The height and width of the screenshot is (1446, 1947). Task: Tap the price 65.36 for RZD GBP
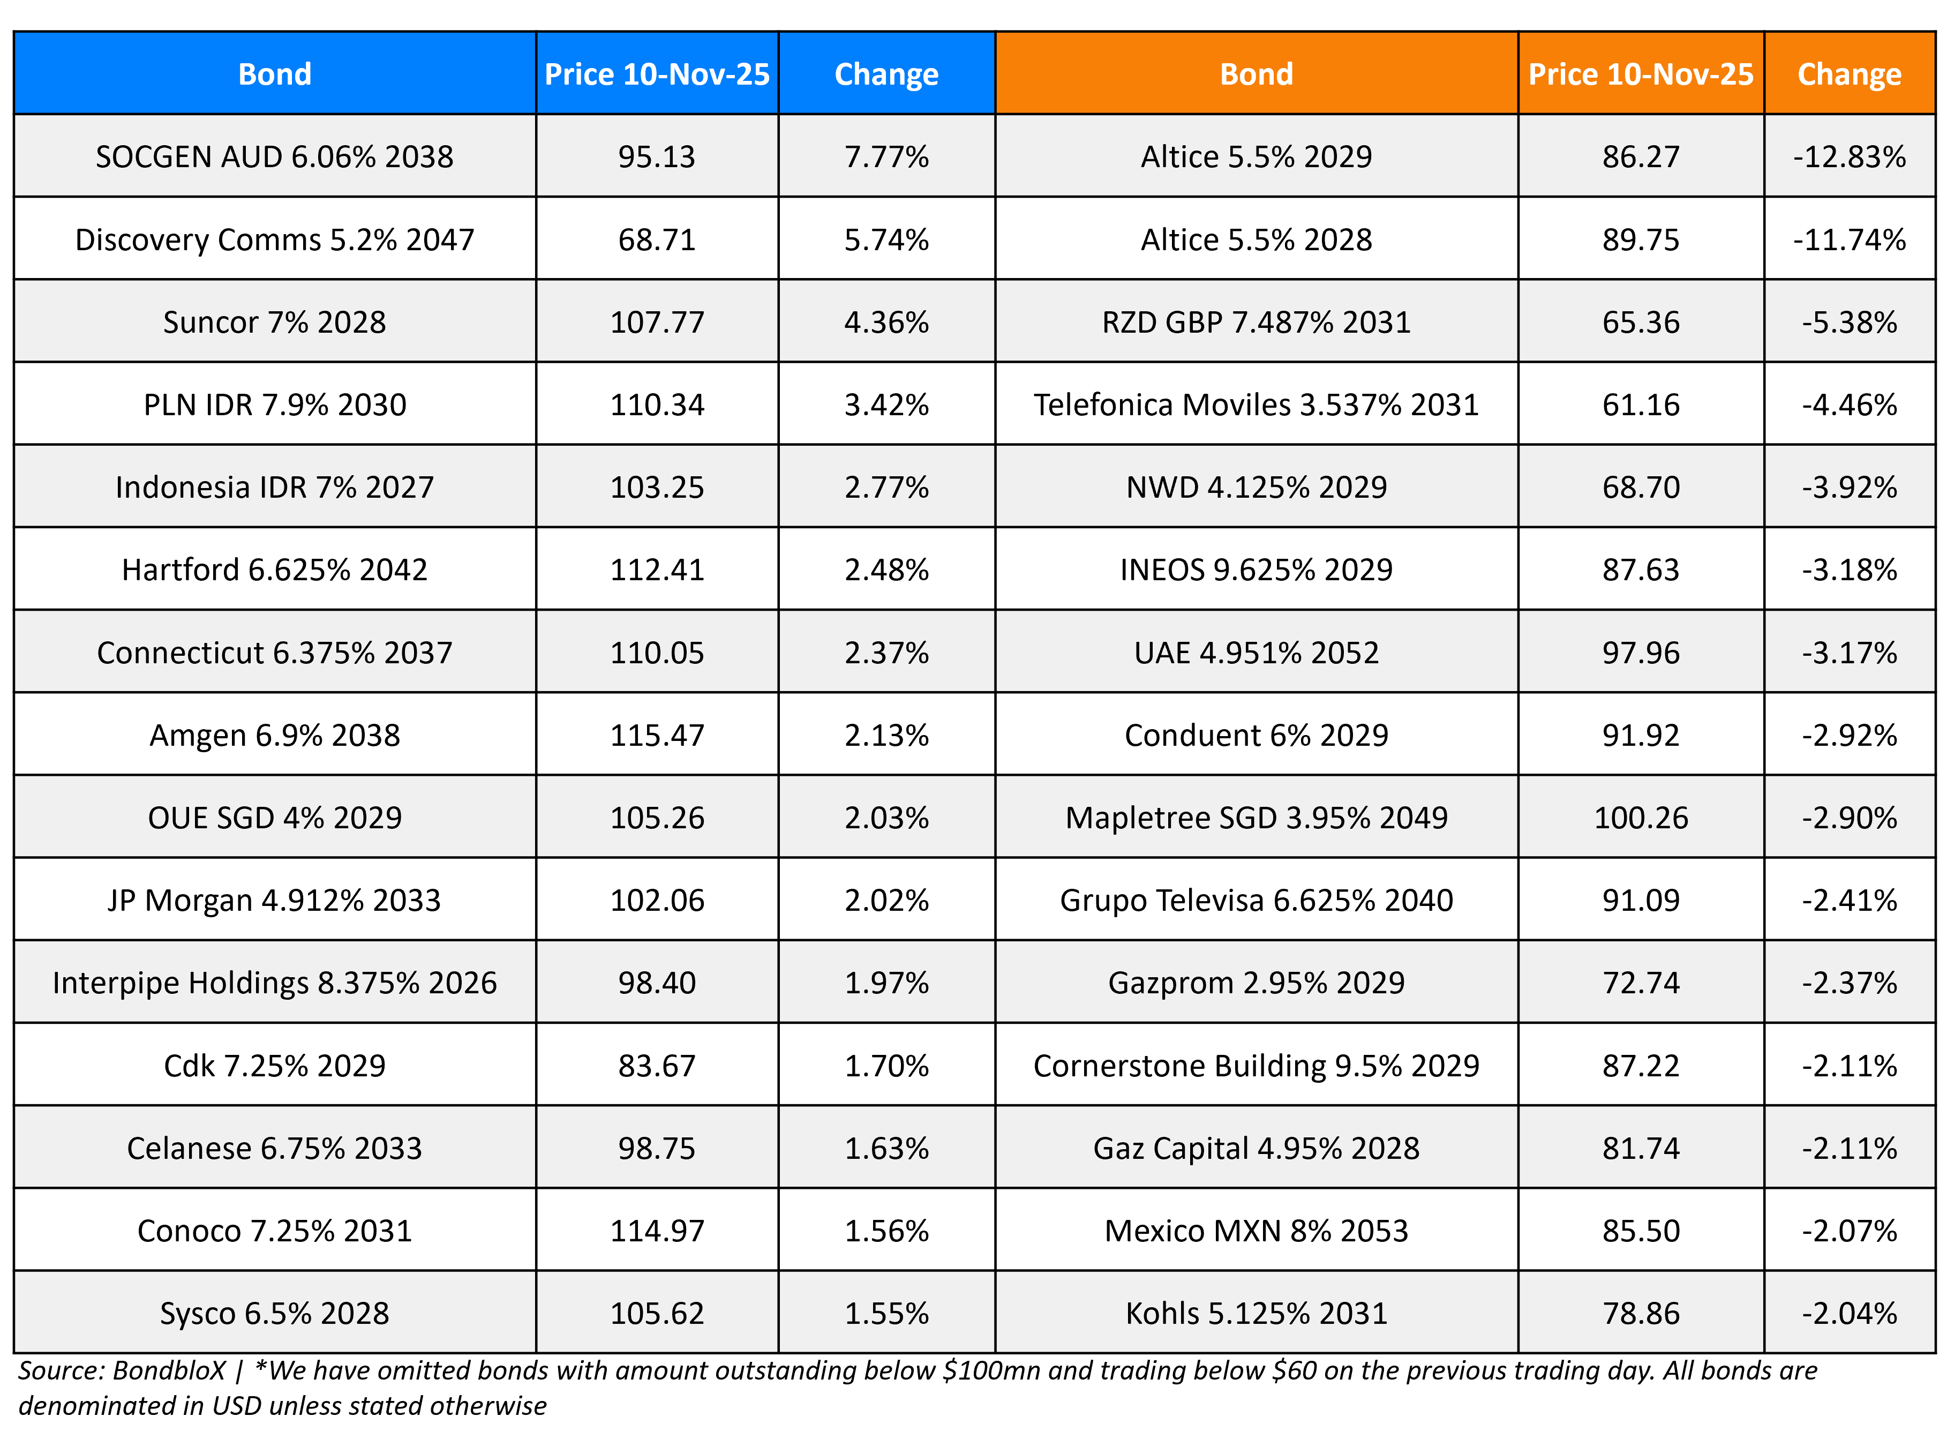pyautogui.click(x=1640, y=322)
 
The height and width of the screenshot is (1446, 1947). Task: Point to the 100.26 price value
pyautogui.click(x=1640, y=818)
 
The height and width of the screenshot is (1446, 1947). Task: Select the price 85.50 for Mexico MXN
pyautogui.click(x=1640, y=1231)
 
